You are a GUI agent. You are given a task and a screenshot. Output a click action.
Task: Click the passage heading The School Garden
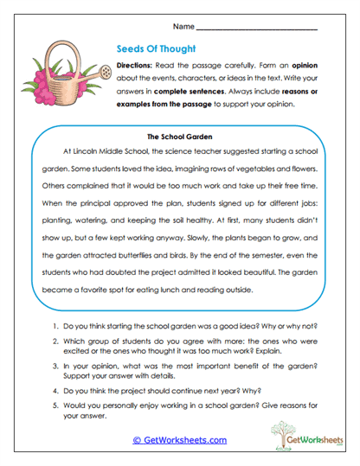pos(180,136)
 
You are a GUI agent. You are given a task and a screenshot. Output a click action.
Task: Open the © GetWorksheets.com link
pos(179,440)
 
